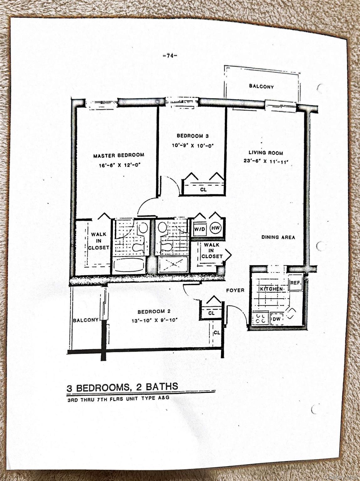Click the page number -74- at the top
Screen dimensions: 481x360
[170, 56]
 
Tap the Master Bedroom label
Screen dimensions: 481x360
[119, 155]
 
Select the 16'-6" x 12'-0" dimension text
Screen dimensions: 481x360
[119, 165]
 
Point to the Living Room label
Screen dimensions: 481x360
[266, 153]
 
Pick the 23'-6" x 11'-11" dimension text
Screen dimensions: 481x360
[266, 162]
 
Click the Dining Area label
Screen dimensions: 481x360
[278, 237]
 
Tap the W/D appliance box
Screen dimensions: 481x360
[199, 229]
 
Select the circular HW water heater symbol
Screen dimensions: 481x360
[216, 228]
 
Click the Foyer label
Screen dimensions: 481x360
[235, 290]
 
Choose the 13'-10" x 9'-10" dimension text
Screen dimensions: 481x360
[154, 320]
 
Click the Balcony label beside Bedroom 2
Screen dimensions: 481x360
[86, 320]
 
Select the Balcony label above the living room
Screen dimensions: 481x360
[261, 86]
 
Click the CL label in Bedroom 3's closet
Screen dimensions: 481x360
[203, 190]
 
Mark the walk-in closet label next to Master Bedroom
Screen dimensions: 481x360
[98, 241]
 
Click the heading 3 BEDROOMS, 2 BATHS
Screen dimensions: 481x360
[123, 387]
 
